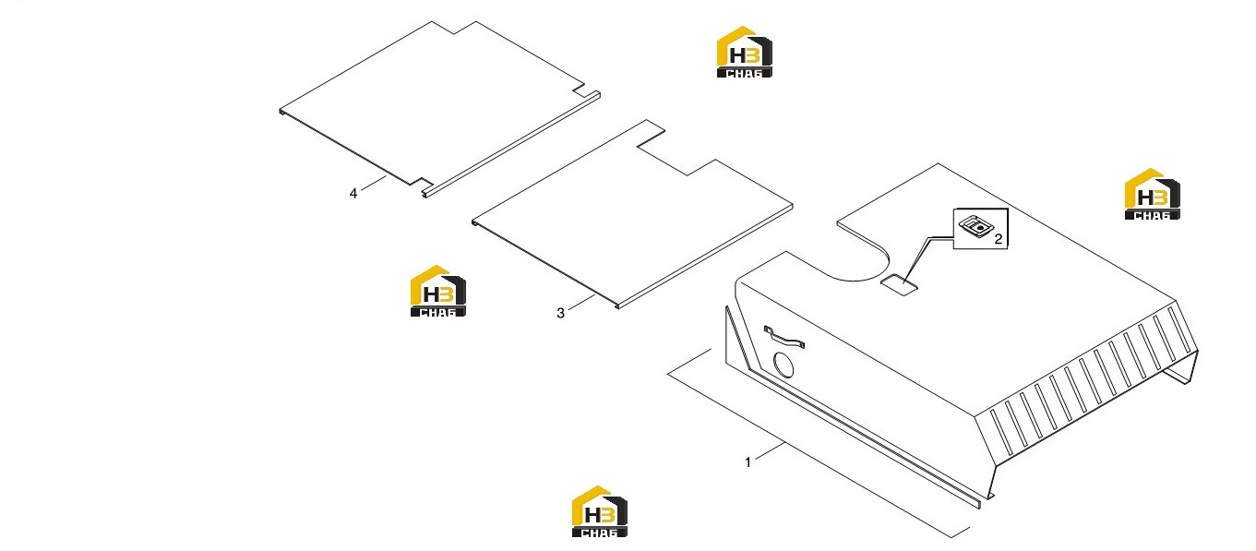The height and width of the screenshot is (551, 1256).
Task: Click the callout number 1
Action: [x=748, y=461]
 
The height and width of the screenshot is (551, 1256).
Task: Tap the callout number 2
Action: [x=999, y=239]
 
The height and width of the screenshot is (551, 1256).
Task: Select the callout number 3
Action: [x=560, y=313]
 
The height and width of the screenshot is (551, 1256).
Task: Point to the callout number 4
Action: [x=353, y=194]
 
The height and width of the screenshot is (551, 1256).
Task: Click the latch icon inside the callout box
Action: [x=976, y=226]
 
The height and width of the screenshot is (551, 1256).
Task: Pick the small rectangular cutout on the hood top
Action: [x=899, y=285]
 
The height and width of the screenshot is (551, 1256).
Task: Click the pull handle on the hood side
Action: [x=784, y=337]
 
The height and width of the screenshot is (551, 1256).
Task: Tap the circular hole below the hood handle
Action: [x=784, y=365]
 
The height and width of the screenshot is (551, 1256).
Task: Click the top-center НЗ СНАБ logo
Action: [x=744, y=52]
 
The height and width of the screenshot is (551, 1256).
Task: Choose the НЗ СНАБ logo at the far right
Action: [x=1153, y=194]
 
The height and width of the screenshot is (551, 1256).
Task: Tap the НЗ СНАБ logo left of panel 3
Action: [x=438, y=291]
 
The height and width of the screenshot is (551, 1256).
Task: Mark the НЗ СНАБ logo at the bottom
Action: [x=600, y=511]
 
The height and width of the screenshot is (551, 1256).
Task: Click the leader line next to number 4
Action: [x=374, y=184]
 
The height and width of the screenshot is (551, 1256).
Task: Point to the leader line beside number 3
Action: [x=581, y=302]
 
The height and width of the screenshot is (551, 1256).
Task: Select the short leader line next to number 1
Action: [x=770, y=450]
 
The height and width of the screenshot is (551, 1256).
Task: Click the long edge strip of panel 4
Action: [x=511, y=145]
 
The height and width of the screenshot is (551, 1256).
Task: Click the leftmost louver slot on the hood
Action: [x=1001, y=432]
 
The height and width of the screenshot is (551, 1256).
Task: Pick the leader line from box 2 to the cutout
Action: [x=928, y=258]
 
